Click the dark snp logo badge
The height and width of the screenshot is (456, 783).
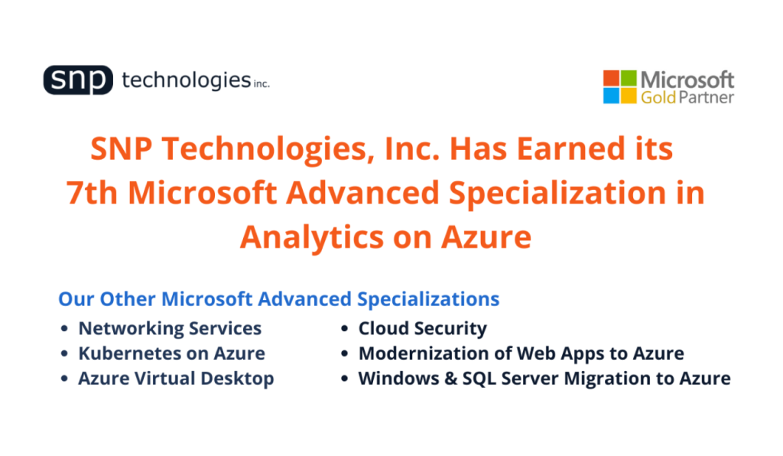tap(78, 80)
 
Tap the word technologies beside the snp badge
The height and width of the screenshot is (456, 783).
tap(186, 80)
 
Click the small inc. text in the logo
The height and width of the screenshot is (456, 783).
tap(262, 83)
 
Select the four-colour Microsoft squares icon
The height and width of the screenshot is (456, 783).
tap(619, 86)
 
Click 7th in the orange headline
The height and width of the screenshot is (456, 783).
tap(93, 194)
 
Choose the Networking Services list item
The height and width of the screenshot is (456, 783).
tap(170, 328)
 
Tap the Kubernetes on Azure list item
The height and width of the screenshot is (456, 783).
tap(171, 353)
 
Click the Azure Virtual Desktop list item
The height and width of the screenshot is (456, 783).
tap(176, 378)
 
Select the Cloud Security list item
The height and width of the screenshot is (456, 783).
tap(422, 328)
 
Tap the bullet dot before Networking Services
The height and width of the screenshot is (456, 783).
tap(65, 330)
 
